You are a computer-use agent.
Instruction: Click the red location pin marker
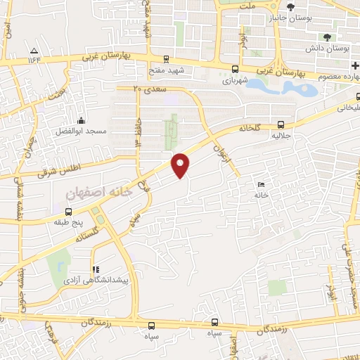click(181, 165)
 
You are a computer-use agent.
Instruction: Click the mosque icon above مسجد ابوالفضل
click(82, 121)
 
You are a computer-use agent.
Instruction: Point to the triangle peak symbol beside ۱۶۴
click(34, 49)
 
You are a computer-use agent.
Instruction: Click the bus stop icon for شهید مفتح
click(166, 60)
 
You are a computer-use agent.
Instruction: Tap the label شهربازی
click(236, 81)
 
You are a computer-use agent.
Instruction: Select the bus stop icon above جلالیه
click(281, 121)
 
